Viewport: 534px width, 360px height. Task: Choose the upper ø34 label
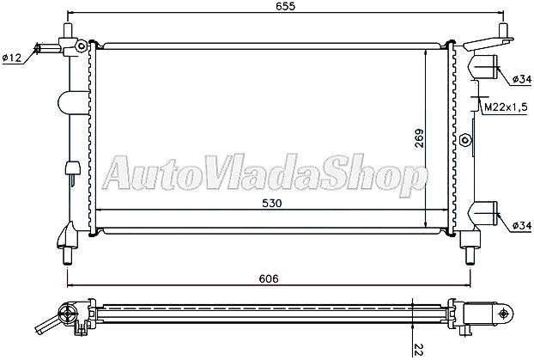coord(520,79)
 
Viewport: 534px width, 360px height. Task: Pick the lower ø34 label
coord(520,225)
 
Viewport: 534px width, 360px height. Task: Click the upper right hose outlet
coord(488,67)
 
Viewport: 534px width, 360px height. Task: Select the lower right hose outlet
coord(488,211)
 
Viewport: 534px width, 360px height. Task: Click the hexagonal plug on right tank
coord(464,140)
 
